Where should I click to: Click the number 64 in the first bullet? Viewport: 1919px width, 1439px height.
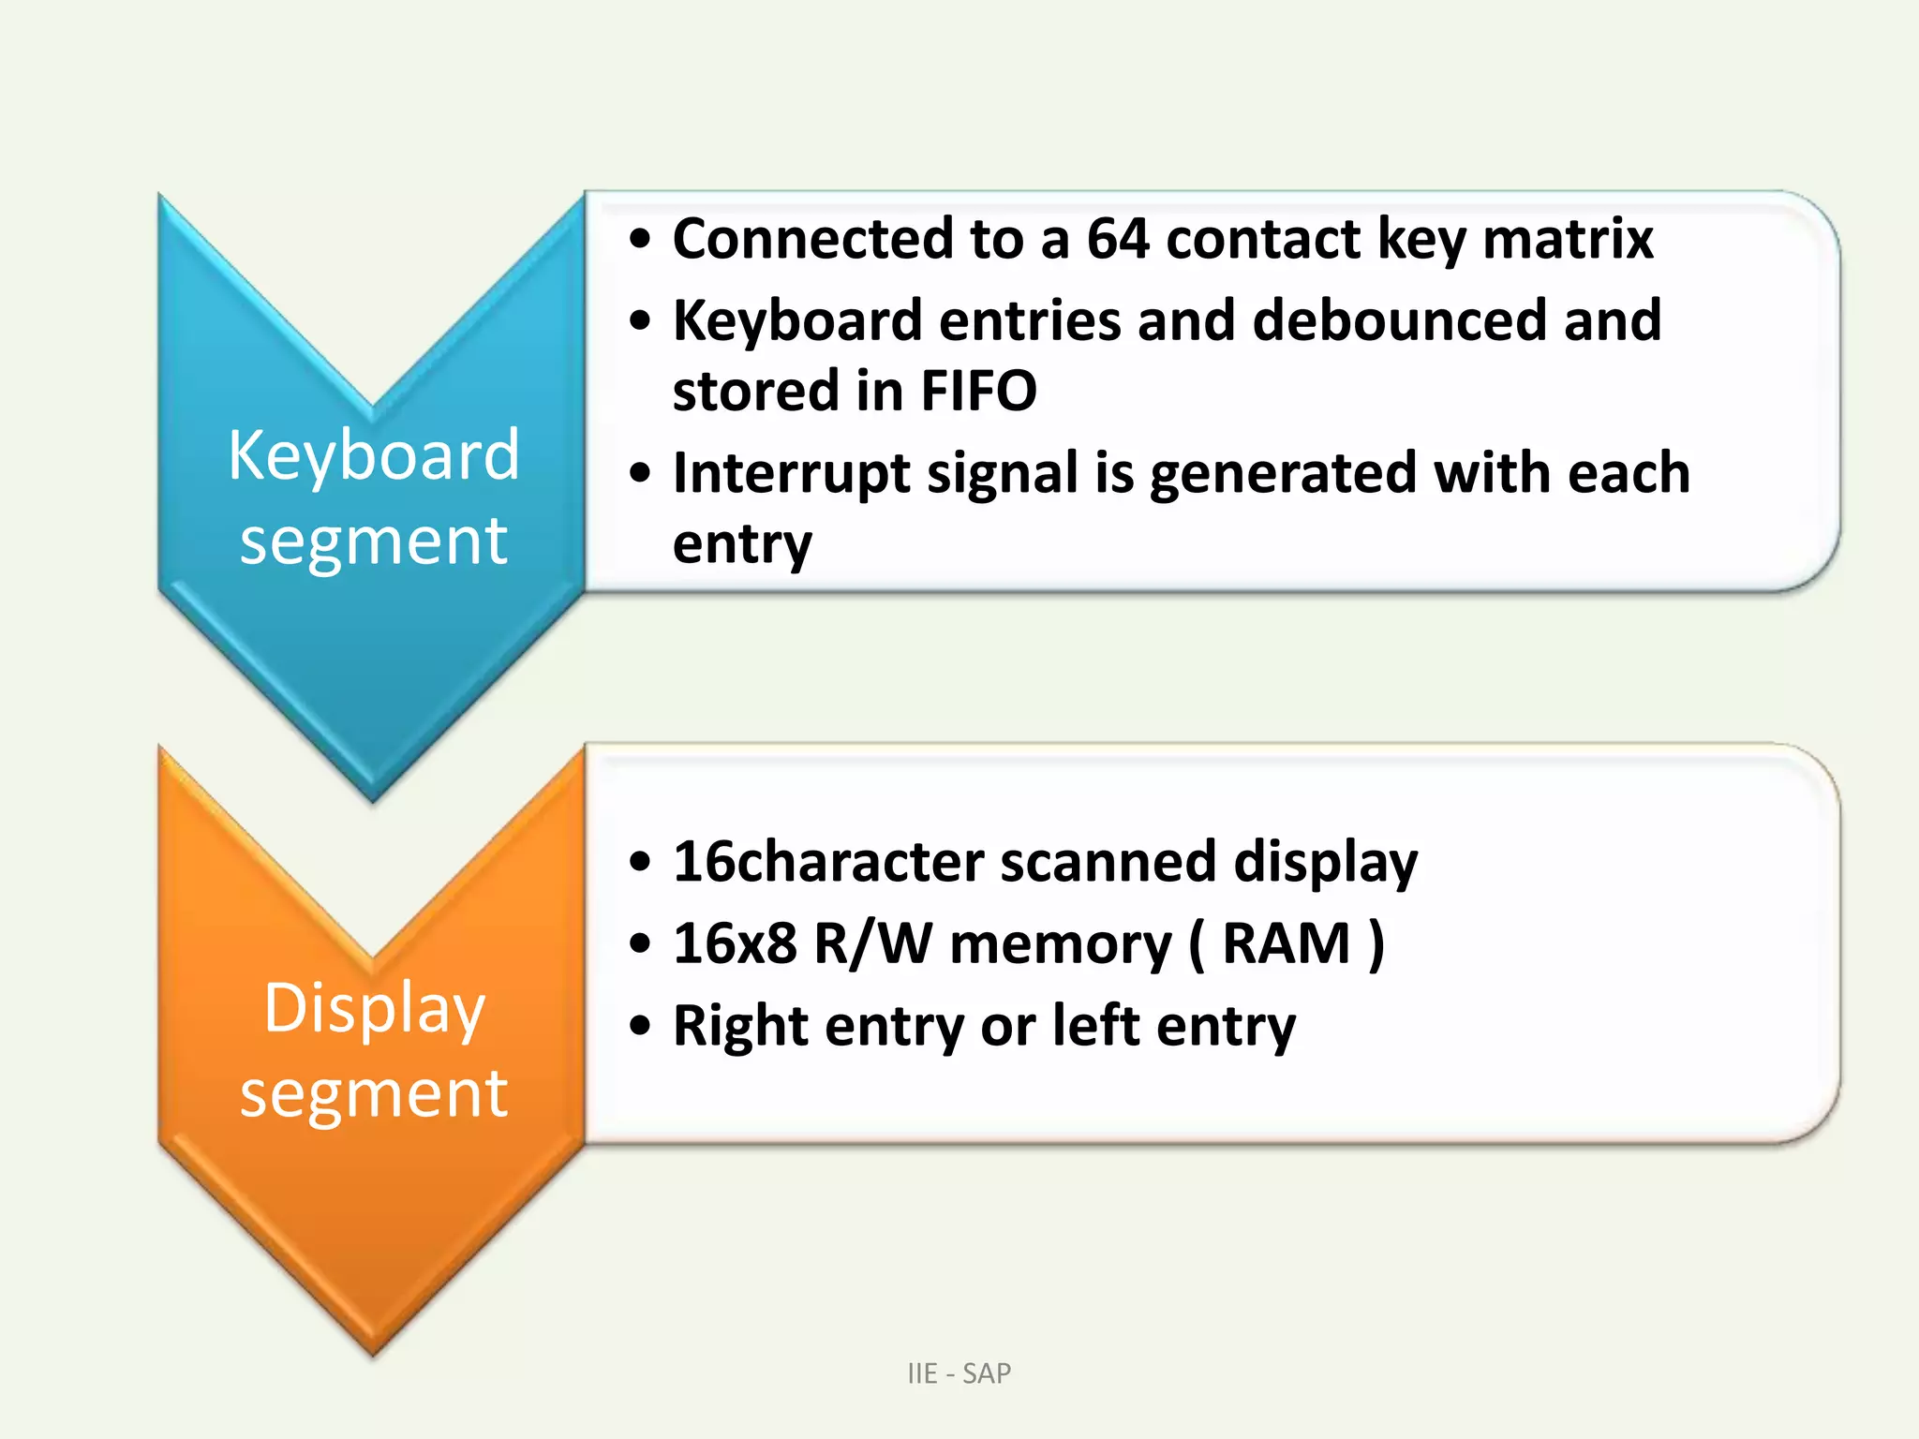tap(1117, 239)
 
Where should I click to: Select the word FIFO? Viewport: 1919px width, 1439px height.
tap(978, 391)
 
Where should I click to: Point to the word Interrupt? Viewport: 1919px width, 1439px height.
tap(791, 473)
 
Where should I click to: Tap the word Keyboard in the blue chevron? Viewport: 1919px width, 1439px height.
tap(373, 455)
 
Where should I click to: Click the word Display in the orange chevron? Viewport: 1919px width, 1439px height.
tap(374, 1008)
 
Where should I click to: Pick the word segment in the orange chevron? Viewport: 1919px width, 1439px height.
tap(373, 1093)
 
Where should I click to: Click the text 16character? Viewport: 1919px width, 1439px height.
tap(828, 862)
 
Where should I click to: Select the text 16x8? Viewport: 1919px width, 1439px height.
tap(735, 943)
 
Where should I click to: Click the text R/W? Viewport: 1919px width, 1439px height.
tap(872, 943)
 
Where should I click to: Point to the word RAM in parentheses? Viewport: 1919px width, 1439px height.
tap(1286, 943)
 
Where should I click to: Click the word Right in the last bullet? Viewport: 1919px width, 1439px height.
tap(740, 1027)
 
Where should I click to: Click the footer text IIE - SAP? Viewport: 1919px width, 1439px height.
tap(959, 1373)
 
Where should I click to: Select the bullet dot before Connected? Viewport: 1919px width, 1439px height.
tap(640, 240)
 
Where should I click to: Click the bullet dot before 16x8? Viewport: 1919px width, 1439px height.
tap(640, 944)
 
